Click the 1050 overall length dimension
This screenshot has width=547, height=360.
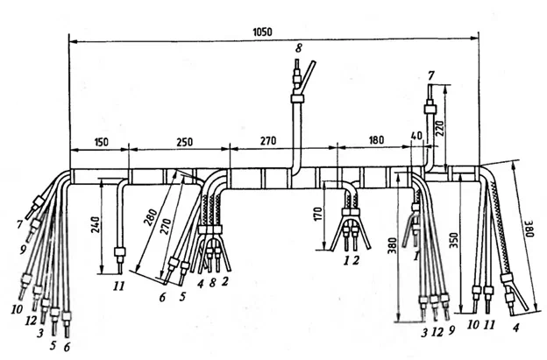pos(262,32)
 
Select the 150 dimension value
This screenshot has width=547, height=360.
pos(101,142)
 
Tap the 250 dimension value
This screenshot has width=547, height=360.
pos(185,142)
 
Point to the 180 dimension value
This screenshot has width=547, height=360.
pos(376,140)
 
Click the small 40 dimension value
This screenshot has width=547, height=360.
pos(416,136)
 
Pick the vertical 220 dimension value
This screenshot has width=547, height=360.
pos(439,129)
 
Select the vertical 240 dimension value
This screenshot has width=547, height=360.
pos(96,225)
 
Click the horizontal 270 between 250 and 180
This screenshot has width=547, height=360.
pos(268,141)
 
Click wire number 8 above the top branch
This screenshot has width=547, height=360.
pos(299,48)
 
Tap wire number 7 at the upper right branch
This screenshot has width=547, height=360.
pos(431,77)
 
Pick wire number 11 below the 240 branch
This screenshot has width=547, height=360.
pos(118,286)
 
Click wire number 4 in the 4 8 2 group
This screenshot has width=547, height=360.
pos(200,284)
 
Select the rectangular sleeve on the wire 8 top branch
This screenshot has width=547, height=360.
pos(297,98)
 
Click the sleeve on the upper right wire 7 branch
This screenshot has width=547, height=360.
pos(430,109)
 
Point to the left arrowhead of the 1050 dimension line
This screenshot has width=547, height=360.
pos(73,41)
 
